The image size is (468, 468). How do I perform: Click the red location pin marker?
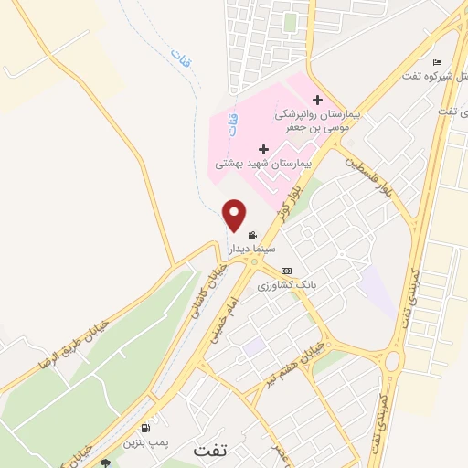(234, 214)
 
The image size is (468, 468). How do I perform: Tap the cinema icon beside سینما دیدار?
(252, 235)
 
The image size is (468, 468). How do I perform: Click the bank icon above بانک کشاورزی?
(286, 271)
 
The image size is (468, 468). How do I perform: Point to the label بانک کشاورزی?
(286, 285)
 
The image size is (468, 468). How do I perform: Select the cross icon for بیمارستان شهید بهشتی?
(264, 149)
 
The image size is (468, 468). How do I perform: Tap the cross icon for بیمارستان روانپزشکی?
(317, 100)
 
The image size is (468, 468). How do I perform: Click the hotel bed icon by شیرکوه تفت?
(437, 61)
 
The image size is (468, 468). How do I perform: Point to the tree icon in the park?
(106, 463)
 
